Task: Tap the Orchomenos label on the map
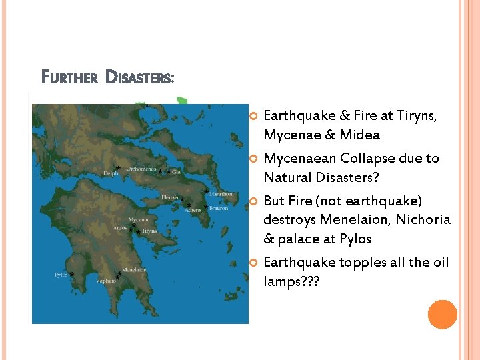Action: click(x=141, y=169)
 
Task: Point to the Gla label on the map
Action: click(x=176, y=172)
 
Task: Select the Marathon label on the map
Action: click(x=221, y=194)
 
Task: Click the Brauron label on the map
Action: click(x=218, y=209)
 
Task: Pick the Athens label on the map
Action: click(x=193, y=210)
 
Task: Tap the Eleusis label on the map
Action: click(x=171, y=197)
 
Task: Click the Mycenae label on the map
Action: click(x=139, y=219)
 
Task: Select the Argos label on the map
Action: click(x=120, y=228)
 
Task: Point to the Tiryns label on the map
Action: click(x=149, y=231)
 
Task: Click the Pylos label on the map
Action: click(x=61, y=275)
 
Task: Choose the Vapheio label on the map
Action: click(x=105, y=281)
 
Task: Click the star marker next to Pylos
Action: click(x=71, y=275)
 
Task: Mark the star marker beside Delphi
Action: click(x=117, y=167)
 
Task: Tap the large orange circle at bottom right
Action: click(x=442, y=315)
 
